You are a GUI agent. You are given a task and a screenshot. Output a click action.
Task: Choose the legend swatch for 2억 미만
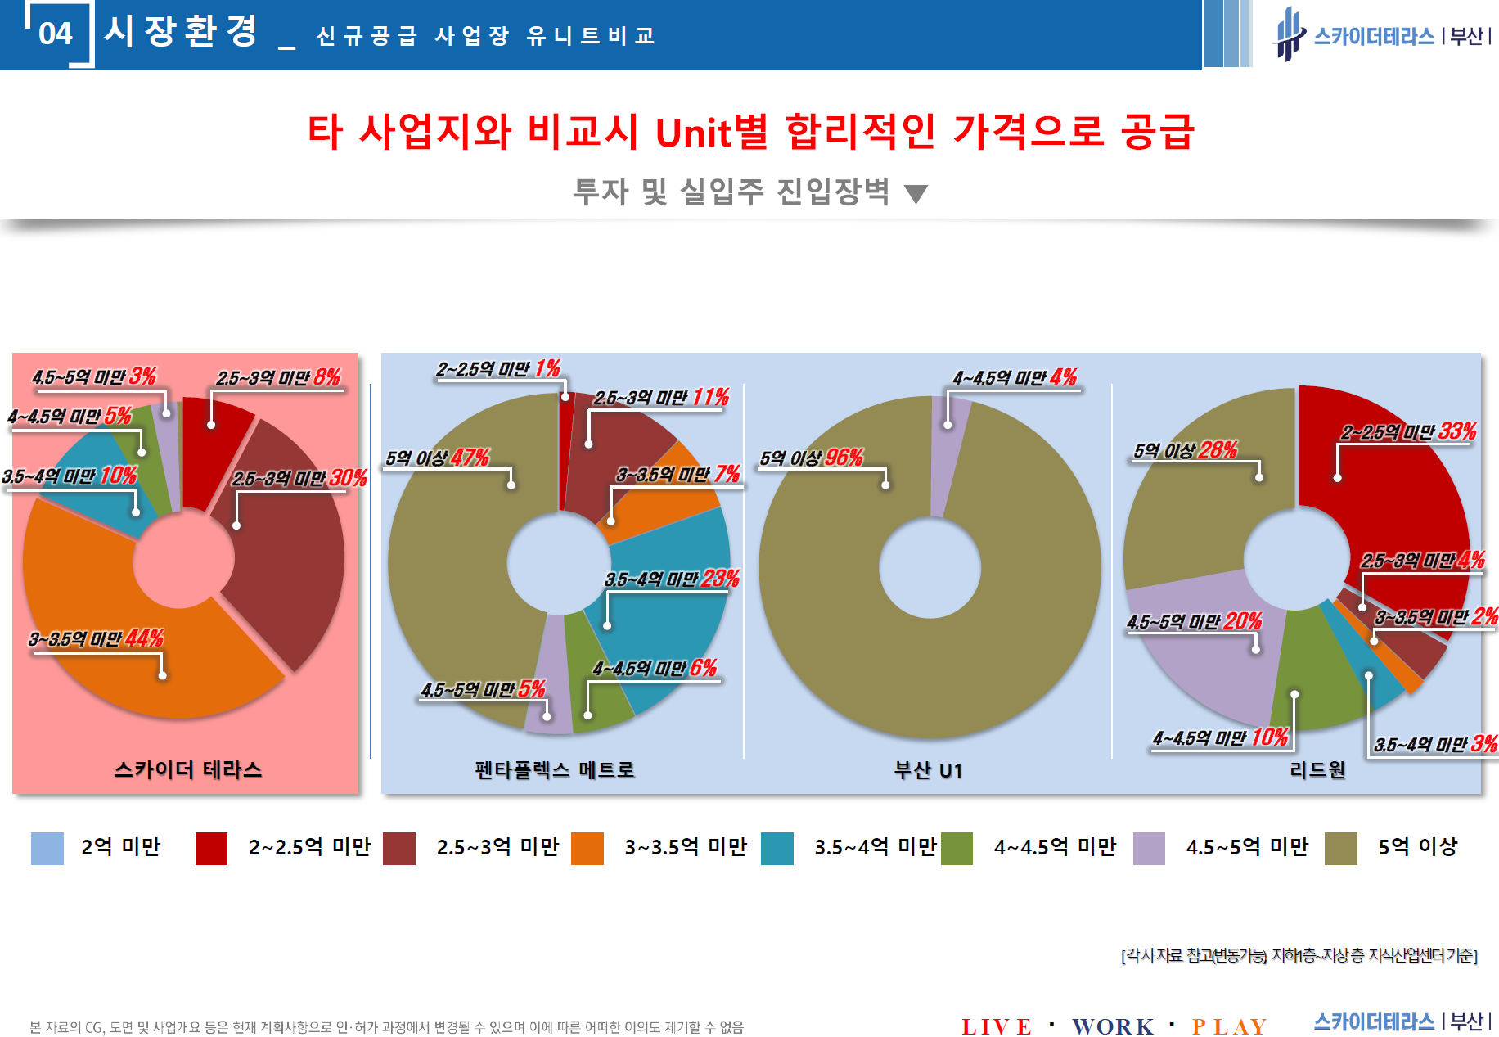tap(47, 848)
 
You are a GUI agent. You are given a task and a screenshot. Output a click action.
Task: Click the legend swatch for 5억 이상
tap(1340, 848)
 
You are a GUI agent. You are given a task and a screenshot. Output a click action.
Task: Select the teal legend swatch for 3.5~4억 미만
tap(777, 848)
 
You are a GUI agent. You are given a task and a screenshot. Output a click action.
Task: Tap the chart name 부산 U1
tap(928, 770)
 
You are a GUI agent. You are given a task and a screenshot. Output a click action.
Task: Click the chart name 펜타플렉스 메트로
tap(555, 770)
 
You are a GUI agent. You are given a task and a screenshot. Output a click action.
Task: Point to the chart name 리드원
tap(1317, 770)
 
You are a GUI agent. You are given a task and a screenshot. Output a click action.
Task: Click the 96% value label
tap(844, 458)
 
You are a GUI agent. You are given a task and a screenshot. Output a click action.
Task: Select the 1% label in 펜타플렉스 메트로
tap(547, 369)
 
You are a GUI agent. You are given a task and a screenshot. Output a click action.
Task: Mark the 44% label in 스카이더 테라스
tap(145, 638)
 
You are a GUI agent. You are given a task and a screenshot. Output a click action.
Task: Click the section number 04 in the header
tap(56, 34)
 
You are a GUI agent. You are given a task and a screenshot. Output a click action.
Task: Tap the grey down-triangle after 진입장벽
tap(916, 194)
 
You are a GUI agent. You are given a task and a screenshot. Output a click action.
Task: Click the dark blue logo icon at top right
tap(1290, 34)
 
